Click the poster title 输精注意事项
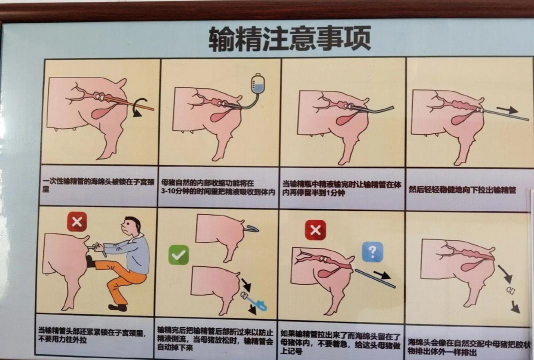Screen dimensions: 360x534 click(289, 38)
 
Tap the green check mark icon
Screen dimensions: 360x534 click(178, 255)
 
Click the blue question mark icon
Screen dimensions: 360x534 click(372, 251)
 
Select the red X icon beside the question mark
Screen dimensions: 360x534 click(314, 230)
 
